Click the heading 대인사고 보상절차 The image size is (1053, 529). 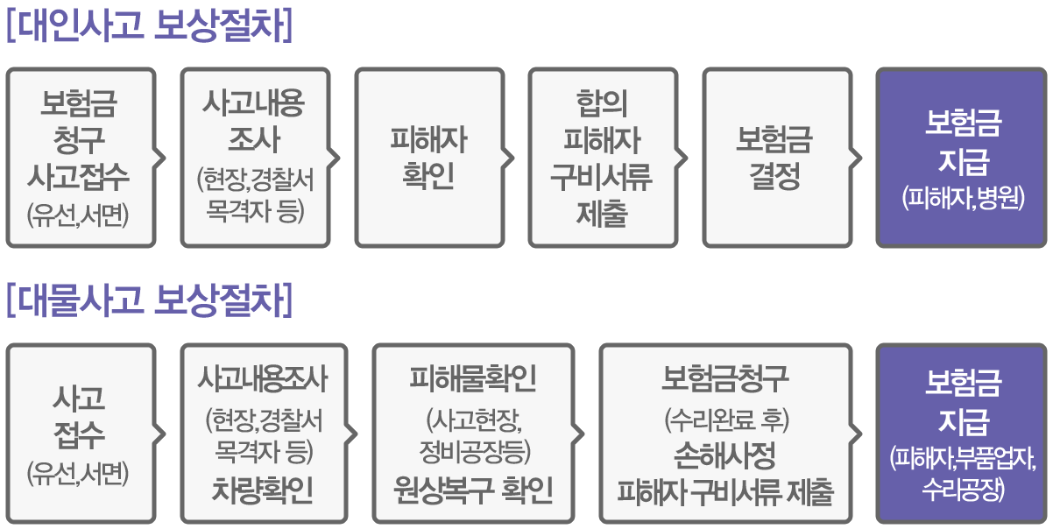[x=148, y=25]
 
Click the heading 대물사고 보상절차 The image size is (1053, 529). [x=148, y=301]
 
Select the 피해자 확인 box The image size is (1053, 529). [x=428, y=159]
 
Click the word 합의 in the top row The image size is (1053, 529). [x=602, y=104]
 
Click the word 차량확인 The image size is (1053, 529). [x=262, y=490]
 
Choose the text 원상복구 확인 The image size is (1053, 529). [x=473, y=490]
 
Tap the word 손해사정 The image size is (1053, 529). [x=724, y=455]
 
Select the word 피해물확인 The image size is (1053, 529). [x=473, y=379]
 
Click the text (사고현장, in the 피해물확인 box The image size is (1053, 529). [x=473, y=419]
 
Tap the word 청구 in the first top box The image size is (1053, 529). [x=79, y=140]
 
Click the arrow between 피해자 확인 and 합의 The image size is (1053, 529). [x=509, y=159]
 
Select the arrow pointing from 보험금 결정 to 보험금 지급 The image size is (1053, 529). [x=857, y=159]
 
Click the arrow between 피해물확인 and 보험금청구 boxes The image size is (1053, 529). [x=579, y=434]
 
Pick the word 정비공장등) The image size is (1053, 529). [x=473, y=451]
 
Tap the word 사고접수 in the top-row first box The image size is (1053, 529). [x=79, y=177]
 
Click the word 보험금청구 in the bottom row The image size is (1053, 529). [x=724, y=379]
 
